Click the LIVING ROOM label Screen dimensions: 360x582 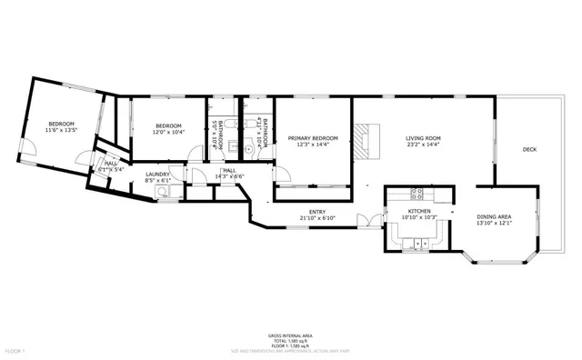point(423,138)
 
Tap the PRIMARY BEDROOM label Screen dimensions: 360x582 point(313,138)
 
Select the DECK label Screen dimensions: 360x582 point(528,149)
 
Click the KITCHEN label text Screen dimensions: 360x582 point(419,210)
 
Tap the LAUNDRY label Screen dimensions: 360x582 point(158,175)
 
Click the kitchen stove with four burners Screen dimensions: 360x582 point(419,193)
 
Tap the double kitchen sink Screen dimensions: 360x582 point(420,243)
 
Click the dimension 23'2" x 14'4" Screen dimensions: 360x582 point(423,145)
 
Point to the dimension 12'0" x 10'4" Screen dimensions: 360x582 point(168,132)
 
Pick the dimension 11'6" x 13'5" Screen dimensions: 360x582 point(61,130)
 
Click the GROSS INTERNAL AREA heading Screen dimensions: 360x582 point(290,334)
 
